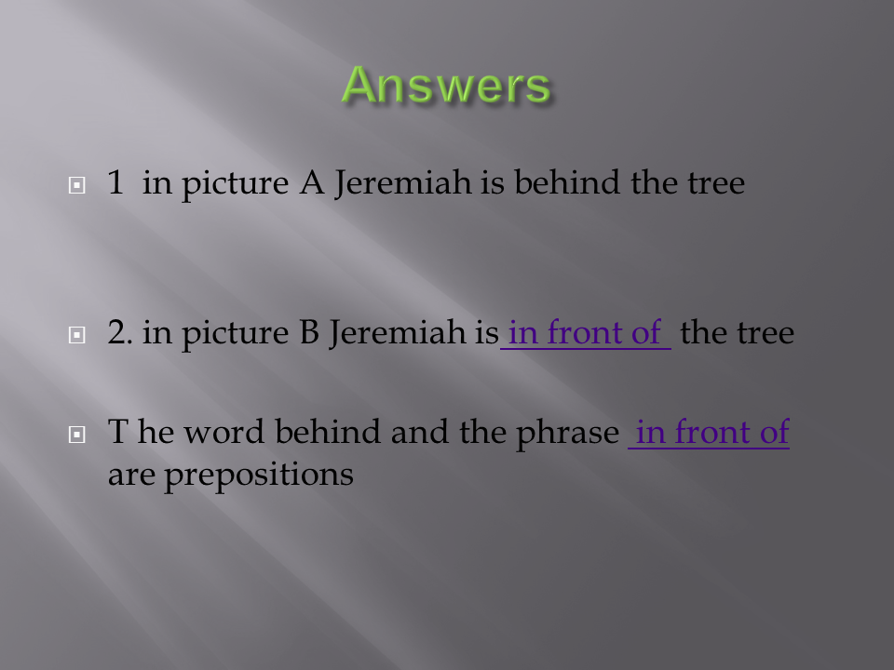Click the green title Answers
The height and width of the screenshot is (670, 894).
click(x=446, y=85)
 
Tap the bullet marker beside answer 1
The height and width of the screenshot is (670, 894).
click(x=77, y=185)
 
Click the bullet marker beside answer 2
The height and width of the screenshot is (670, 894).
click(x=77, y=334)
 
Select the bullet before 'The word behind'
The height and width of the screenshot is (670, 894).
click(x=77, y=435)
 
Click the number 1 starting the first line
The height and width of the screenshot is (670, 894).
click(x=115, y=182)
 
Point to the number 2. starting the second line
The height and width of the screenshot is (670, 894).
click(x=120, y=332)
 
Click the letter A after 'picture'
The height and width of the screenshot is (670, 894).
click(x=312, y=182)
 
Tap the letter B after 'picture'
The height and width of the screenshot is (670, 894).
click(x=309, y=332)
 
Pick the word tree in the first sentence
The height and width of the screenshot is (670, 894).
click(x=716, y=183)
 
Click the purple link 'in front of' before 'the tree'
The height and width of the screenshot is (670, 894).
click(x=585, y=333)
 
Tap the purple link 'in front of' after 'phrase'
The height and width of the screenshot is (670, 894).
click(x=710, y=432)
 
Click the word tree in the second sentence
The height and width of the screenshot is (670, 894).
click(x=765, y=333)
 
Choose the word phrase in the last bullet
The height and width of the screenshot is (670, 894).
click(x=567, y=433)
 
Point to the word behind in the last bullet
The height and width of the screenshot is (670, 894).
click(x=327, y=431)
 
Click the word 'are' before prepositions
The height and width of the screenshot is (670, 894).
click(x=131, y=476)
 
